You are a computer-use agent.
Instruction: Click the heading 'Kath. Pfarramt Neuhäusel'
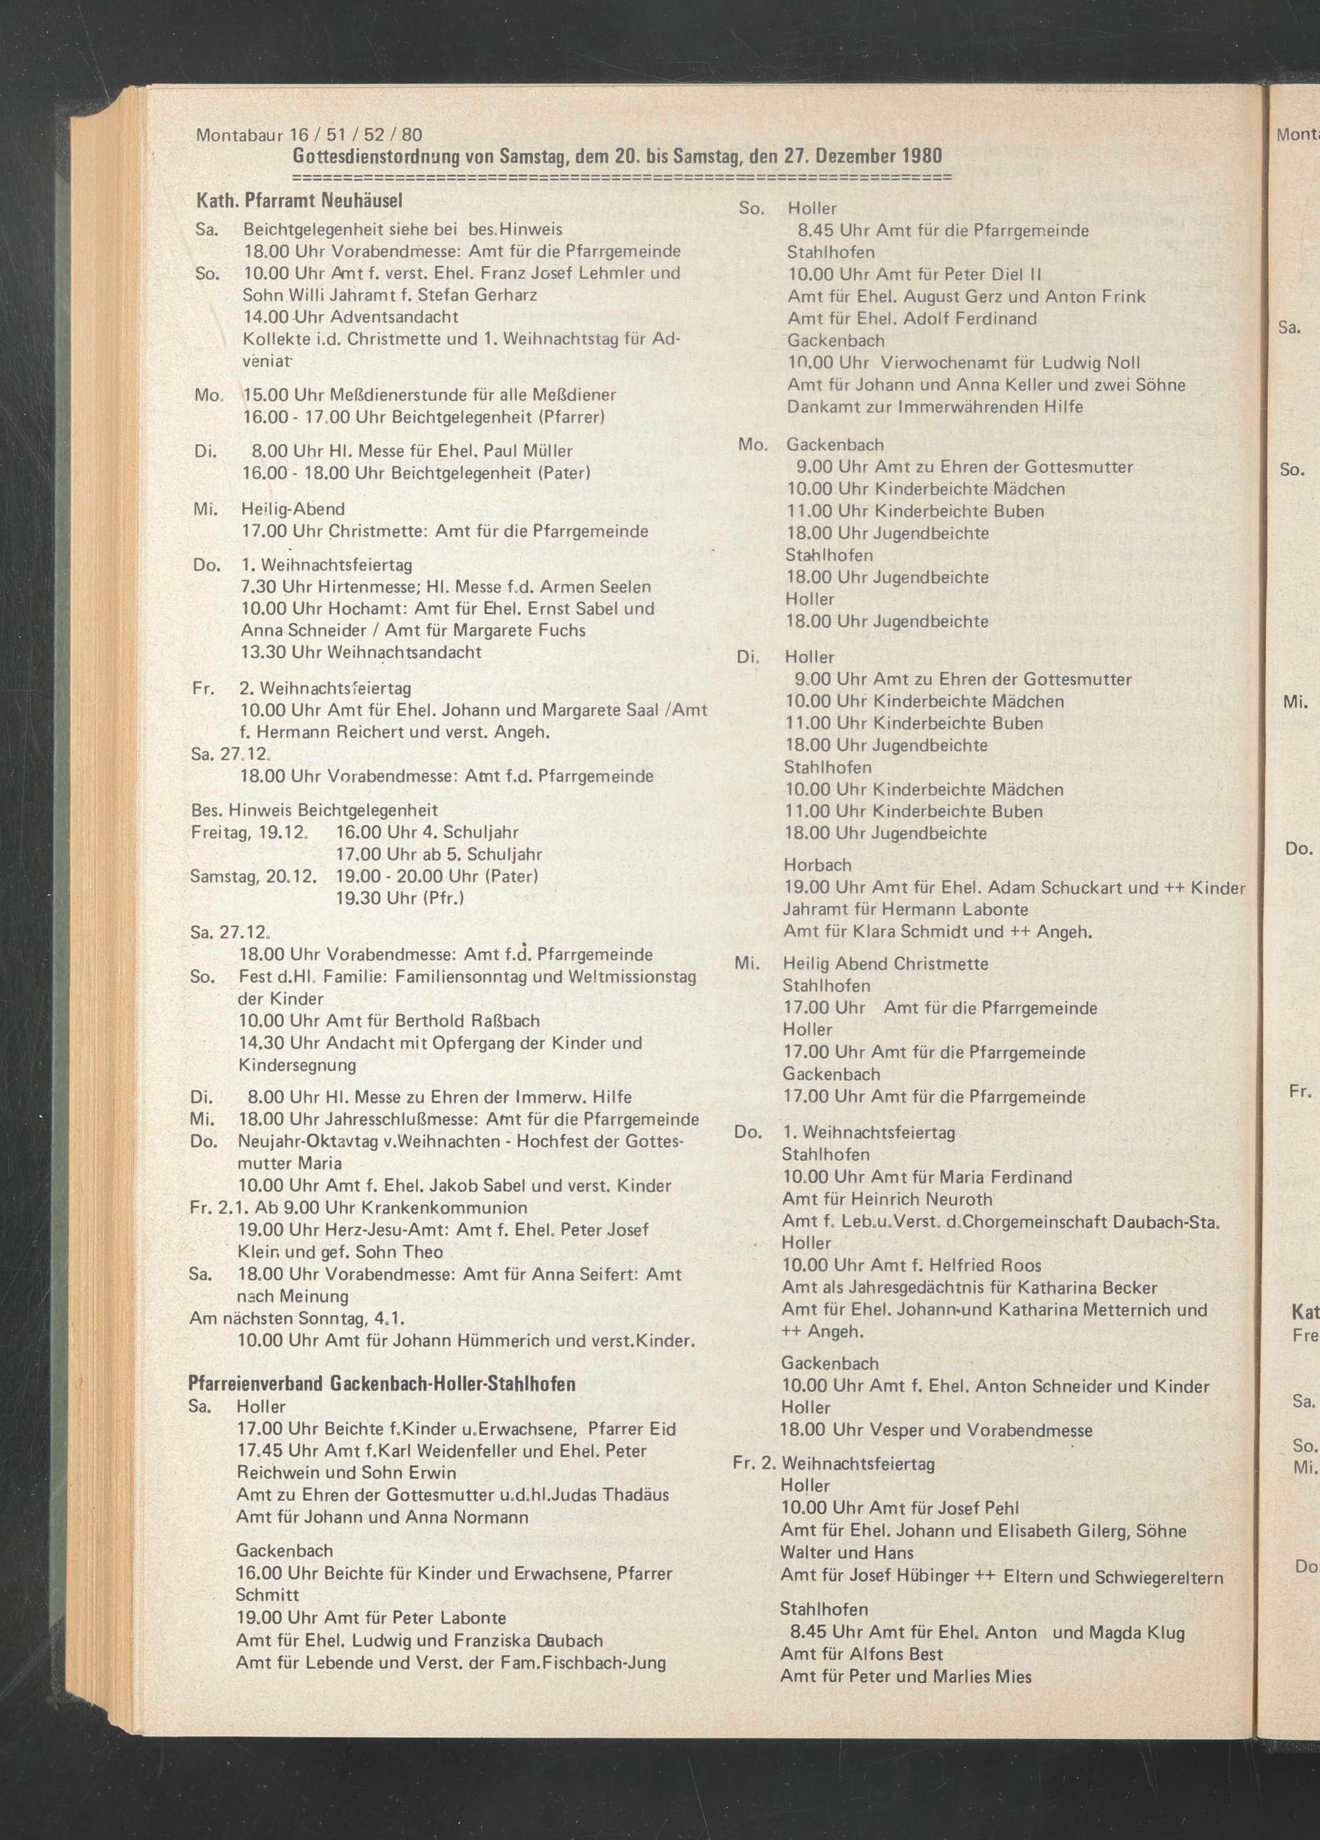(x=300, y=199)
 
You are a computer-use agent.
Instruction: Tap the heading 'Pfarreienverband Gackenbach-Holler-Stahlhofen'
(x=381, y=1383)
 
